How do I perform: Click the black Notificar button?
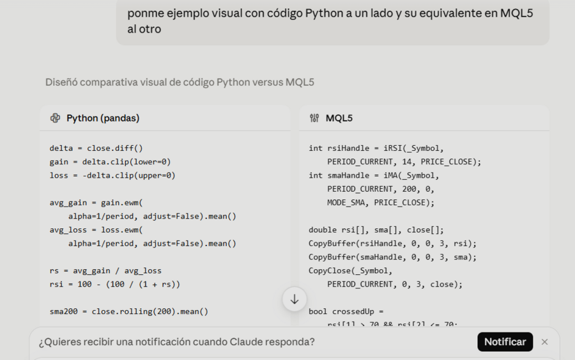505,341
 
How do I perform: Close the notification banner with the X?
544,342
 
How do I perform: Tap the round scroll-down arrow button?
295,299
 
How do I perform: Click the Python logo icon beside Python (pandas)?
56,118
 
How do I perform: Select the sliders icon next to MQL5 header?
314,118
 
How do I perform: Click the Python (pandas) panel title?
103,118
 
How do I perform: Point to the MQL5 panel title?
339,118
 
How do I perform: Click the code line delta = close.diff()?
96,148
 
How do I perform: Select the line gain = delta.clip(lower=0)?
110,162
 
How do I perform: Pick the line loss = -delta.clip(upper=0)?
112,175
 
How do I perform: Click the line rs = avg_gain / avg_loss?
105,271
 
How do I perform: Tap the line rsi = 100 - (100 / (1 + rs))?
115,285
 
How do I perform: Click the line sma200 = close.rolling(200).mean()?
128,311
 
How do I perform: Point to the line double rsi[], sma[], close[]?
376,230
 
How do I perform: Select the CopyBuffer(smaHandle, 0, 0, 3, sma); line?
392,257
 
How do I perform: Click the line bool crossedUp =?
346,311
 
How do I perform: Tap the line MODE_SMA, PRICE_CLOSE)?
381,203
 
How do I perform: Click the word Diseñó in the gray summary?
61,82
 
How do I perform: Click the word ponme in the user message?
146,13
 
